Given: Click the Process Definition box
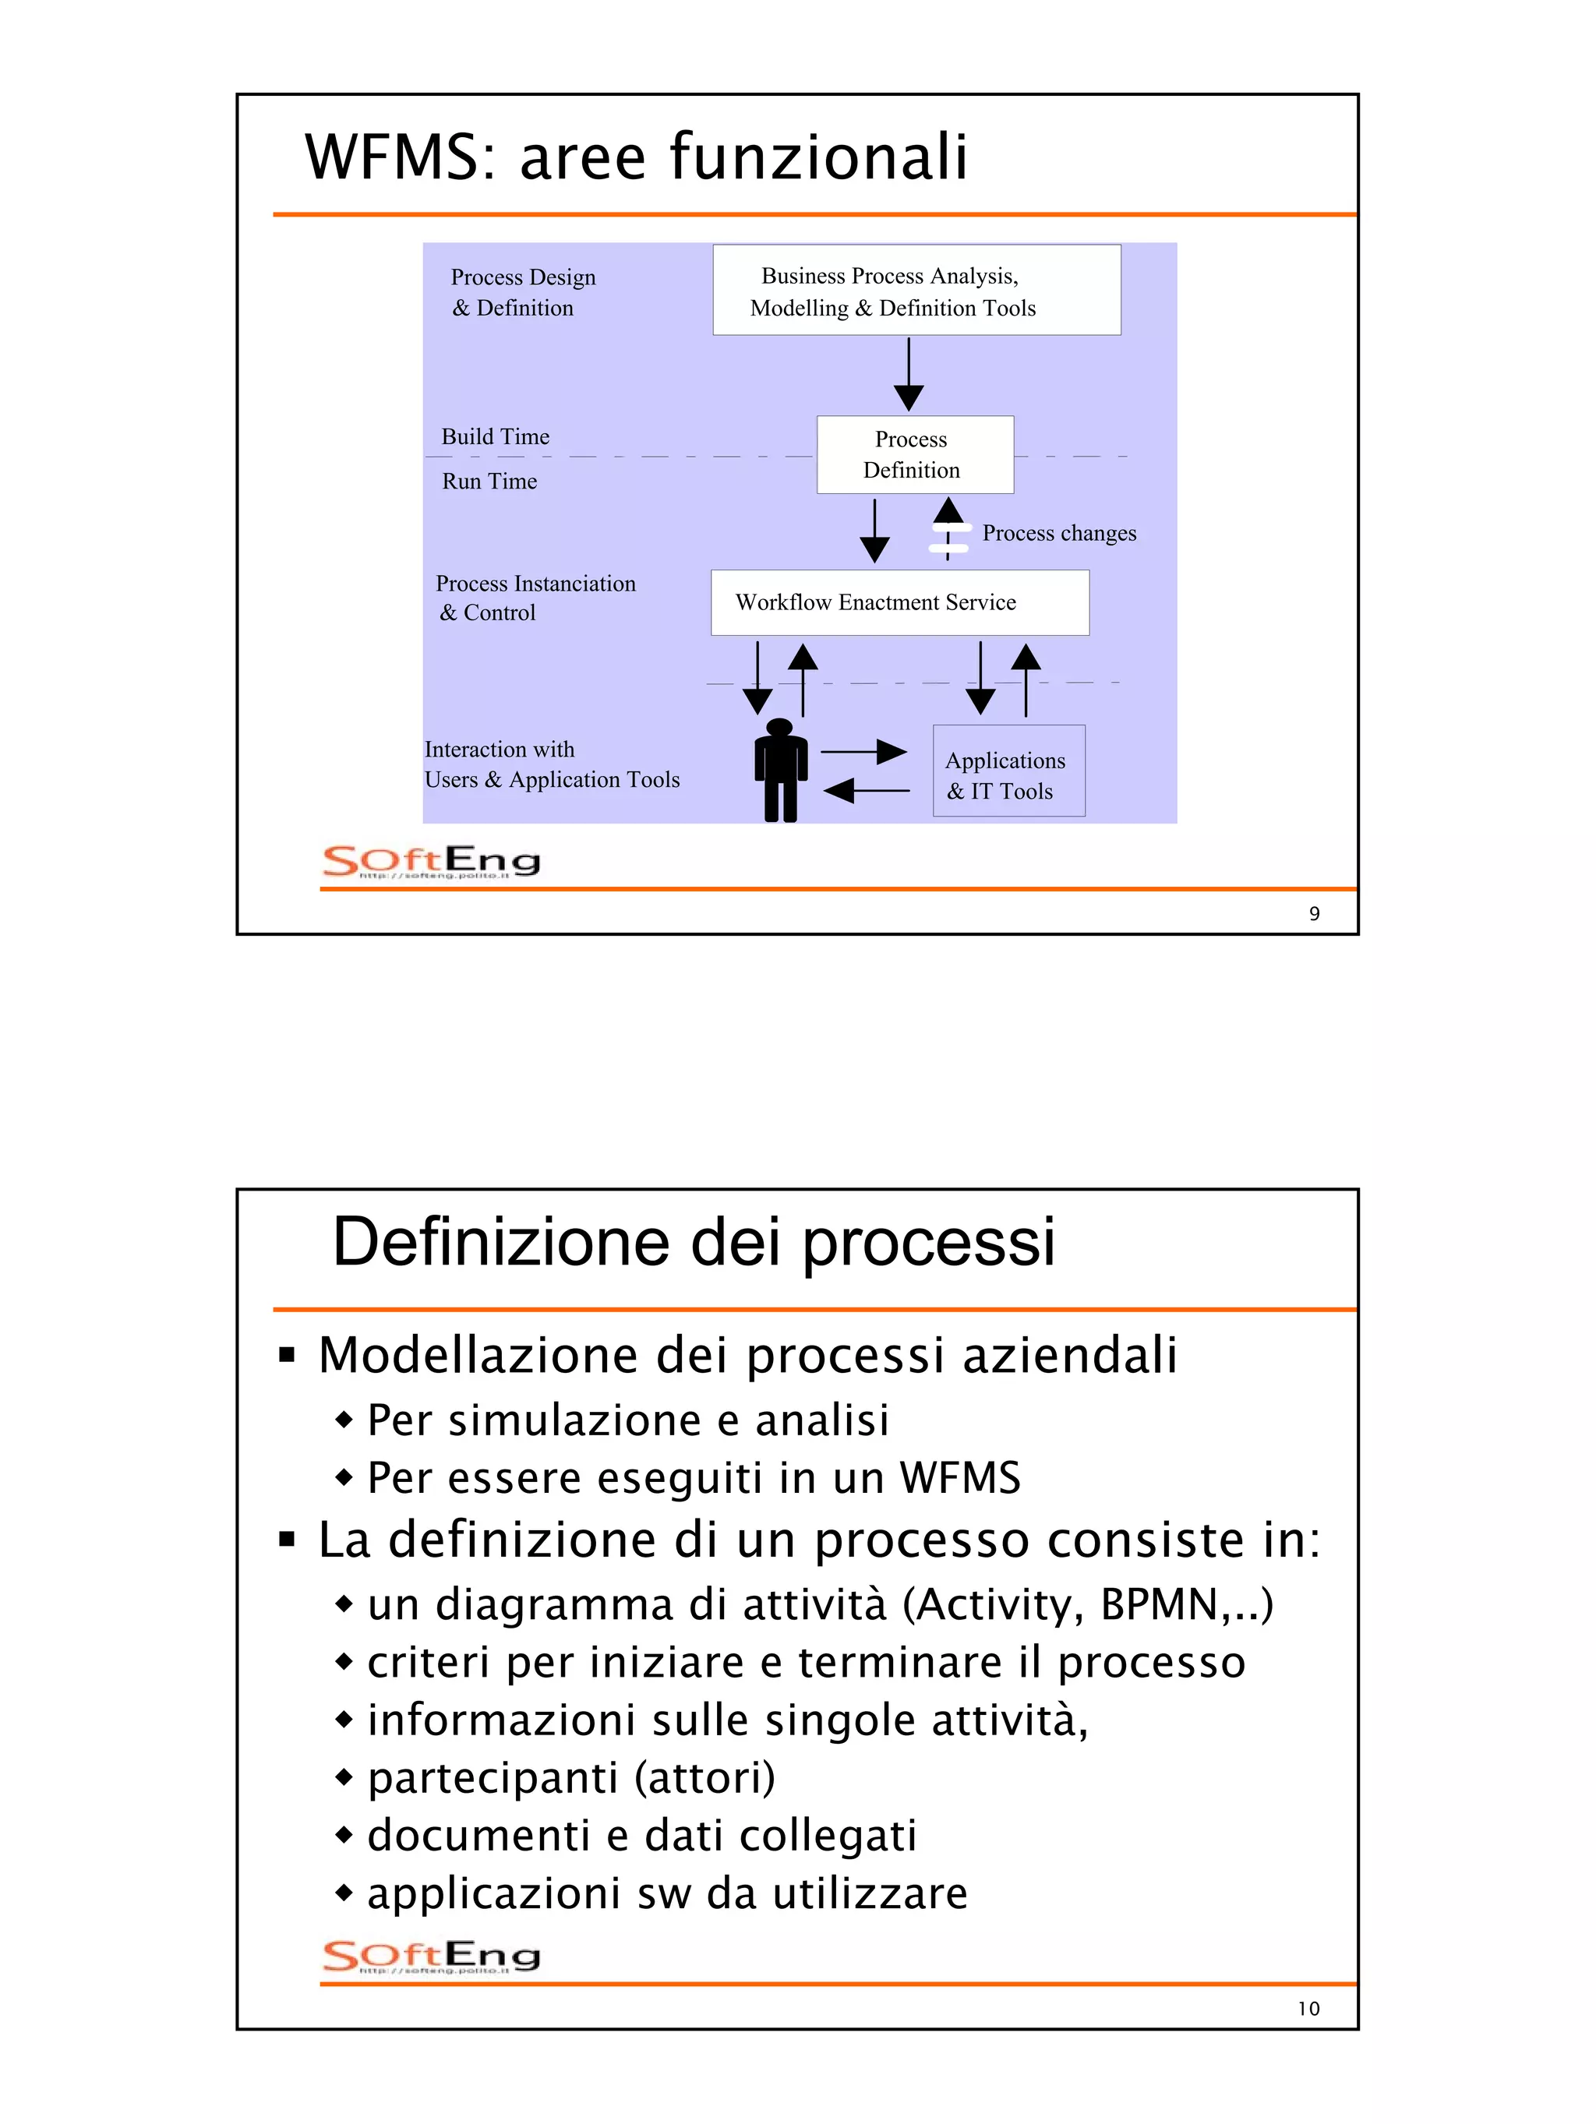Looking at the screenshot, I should coord(914,454).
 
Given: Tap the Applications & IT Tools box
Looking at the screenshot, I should coord(1008,771).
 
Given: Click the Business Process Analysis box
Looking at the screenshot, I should coord(916,290).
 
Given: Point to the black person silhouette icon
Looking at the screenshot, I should coord(781,770).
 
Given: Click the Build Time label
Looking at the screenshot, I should coord(496,437).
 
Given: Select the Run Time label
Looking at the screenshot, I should coord(489,481).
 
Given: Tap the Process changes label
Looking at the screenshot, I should coord(1058,533).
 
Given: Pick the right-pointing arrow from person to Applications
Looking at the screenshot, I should coord(863,751).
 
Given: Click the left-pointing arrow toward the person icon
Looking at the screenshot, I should coord(866,790).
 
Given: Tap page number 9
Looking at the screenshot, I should coord(1315,914).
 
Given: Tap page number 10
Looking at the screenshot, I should coord(1309,2009).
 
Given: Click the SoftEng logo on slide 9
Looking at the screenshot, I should coord(431,861).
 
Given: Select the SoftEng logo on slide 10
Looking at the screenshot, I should coord(431,1956).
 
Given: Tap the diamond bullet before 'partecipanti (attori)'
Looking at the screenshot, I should coord(344,1776).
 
